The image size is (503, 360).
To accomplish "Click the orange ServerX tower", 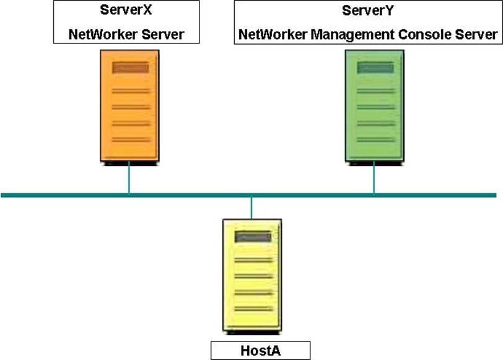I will (x=129, y=105).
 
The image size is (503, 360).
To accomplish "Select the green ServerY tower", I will (x=374, y=105).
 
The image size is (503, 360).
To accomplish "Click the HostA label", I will (x=260, y=351).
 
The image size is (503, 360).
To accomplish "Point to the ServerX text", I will (x=126, y=11).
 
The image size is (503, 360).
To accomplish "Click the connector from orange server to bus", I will (x=129, y=178).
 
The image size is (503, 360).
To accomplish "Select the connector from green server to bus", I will (x=374, y=178).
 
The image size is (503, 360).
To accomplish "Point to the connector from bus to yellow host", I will (x=251, y=208).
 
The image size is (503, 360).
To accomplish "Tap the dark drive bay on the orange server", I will (x=130, y=68).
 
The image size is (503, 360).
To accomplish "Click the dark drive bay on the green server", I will (x=375, y=68).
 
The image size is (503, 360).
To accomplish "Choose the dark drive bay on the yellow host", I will (x=253, y=237).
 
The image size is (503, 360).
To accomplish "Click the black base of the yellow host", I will (x=252, y=332).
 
